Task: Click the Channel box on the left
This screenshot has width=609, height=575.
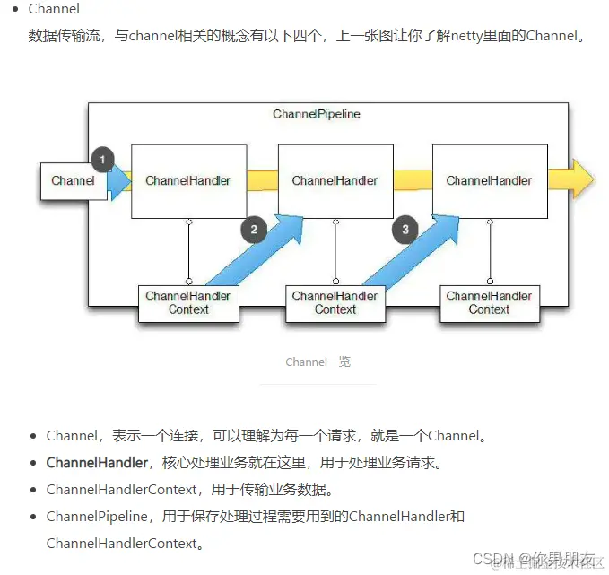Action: (x=73, y=181)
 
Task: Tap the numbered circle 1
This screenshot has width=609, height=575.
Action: (x=102, y=161)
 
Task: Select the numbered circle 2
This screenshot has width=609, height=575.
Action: (x=254, y=230)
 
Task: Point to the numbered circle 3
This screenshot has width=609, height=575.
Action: (x=405, y=230)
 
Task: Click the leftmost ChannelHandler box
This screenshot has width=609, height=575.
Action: (x=188, y=181)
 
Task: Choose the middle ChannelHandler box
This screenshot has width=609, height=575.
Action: (x=335, y=181)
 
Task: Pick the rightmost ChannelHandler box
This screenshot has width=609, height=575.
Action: (x=489, y=181)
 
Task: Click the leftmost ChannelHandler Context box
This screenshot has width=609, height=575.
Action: (x=188, y=303)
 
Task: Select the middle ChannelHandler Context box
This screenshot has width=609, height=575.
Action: (x=335, y=303)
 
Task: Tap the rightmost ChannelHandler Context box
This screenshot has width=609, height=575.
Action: (x=489, y=303)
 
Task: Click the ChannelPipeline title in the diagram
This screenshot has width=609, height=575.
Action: (x=317, y=115)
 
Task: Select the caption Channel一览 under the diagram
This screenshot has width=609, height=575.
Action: (x=318, y=362)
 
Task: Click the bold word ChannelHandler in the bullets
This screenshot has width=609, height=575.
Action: (x=97, y=463)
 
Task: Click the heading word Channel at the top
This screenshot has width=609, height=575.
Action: (x=54, y=9)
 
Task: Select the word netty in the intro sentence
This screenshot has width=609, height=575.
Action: (x=472, y=37)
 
